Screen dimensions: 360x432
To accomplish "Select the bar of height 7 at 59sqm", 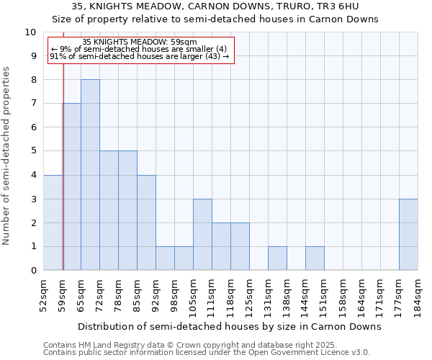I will [72, 186].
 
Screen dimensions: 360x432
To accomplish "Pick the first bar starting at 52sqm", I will [53, 222].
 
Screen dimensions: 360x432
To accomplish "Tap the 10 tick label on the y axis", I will [30, 32].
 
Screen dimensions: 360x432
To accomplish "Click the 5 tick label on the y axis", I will [33, 151].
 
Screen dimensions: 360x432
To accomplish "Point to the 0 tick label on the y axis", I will [33, 270].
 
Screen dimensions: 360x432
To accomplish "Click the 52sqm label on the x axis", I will [43, 294].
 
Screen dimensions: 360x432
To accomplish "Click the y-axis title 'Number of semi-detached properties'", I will [7, 156].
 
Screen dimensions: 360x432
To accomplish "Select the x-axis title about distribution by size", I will [229, 326].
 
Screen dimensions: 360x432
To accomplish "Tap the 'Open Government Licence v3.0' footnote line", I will [207, 353].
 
